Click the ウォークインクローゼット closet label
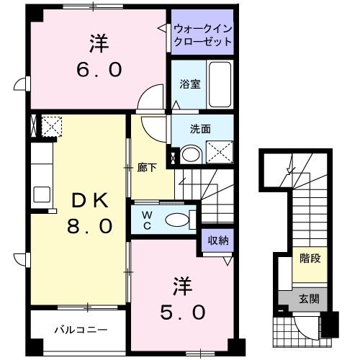point(203,35)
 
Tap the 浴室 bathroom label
point(189,84)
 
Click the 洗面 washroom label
point(200,130)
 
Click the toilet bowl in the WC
point(176,220)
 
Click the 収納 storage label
point(218,240)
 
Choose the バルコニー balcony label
point(81,330)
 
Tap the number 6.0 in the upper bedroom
point(100,71)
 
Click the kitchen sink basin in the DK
point(41,194)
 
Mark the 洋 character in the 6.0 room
point(100,44)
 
